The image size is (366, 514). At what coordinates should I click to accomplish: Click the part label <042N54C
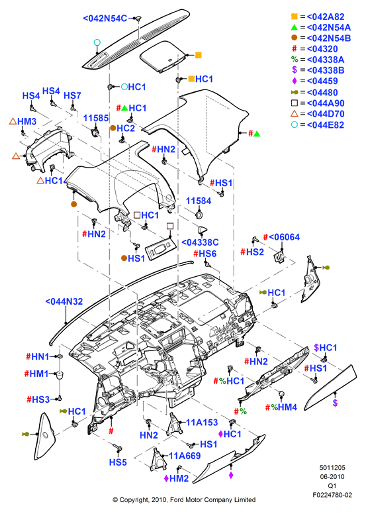point(105,19)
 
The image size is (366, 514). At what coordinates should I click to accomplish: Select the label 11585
point(96,118)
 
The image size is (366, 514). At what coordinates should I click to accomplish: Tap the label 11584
point(199,201)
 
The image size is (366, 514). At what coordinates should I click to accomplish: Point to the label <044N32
point(64,301)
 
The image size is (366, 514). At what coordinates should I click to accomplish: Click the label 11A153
point(202,423)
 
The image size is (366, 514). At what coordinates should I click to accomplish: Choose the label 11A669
point(185,456)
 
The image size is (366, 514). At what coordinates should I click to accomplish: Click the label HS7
point(72,95)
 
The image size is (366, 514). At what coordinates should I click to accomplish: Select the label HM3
point(27,121)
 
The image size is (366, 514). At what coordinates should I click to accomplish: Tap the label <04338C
point(200,242)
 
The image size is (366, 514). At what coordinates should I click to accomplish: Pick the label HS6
point(208,254)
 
